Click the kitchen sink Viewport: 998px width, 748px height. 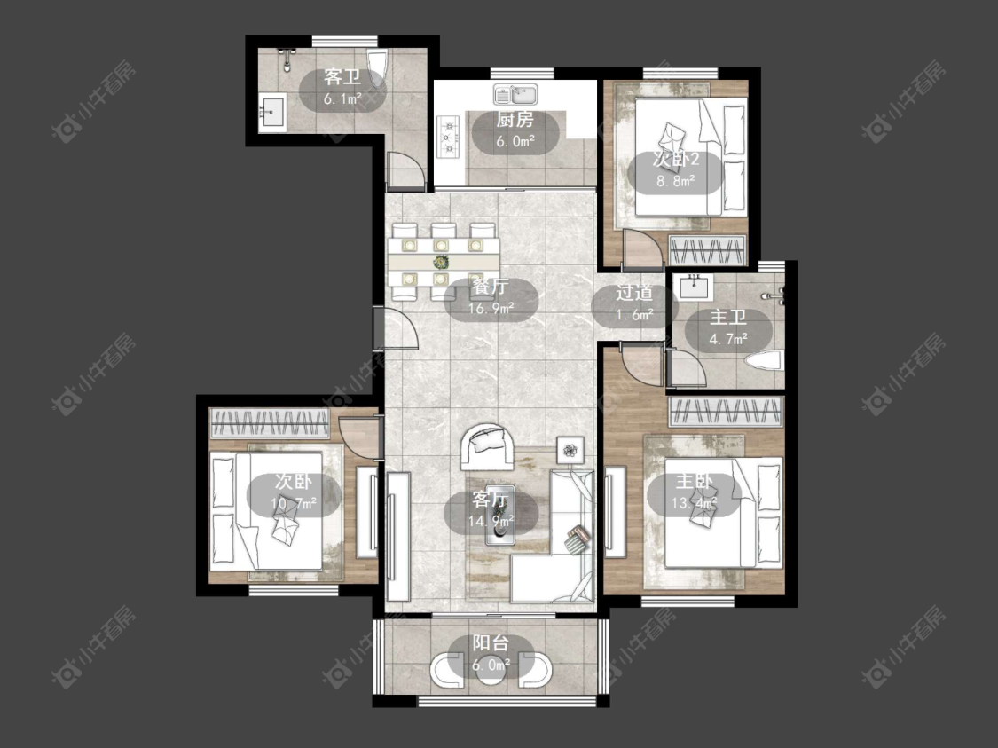[515, 94]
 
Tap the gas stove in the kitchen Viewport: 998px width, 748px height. [450, 136]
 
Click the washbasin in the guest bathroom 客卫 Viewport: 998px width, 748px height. [271, 112]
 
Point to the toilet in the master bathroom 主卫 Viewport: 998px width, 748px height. [763, 362]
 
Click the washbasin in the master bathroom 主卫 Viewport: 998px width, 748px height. [695, 287]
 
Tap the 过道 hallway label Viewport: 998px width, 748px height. [634, 293]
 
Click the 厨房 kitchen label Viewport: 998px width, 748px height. [515, 119]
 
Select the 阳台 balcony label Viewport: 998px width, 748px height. [490, 643]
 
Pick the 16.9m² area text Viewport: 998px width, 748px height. [491, 309]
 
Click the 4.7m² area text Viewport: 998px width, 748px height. [728, 339]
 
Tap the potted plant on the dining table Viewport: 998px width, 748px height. [440, 262]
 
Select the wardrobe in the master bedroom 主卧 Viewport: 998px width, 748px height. [725, 411]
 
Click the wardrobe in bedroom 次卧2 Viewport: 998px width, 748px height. [707, 250]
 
